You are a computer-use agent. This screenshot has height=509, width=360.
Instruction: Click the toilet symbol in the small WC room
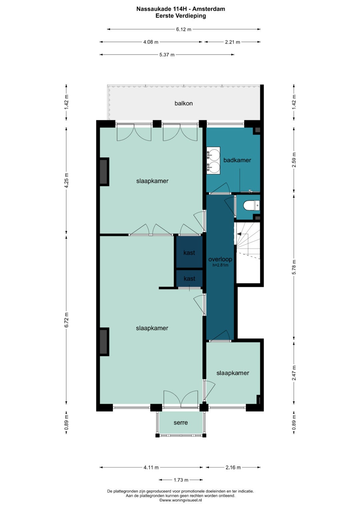coord(252,206)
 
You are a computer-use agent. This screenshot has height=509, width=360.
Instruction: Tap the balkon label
coord(183,103)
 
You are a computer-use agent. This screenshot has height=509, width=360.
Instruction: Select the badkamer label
coord(237,160)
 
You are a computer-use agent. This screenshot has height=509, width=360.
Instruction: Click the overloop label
coord(220,259)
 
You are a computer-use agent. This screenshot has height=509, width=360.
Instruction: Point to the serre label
coord(181,423)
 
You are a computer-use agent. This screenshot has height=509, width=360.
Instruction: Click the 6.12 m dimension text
coord(184,29)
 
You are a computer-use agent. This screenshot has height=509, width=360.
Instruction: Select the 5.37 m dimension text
coord(167,55)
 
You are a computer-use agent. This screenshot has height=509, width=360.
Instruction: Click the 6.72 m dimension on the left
coord(66,320)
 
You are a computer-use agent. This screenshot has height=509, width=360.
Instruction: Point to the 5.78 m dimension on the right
coord(294,267)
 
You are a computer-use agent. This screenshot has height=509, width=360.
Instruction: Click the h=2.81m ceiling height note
coord(220,265)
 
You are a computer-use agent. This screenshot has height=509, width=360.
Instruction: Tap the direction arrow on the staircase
coord(239,234)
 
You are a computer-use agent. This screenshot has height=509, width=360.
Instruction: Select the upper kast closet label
coord(189,253)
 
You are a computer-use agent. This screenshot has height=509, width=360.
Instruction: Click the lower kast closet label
coord(189,279)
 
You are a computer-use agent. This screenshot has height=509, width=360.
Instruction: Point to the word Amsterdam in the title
coord(209,9)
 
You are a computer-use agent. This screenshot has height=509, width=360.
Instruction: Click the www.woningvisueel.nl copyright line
coord(180,500)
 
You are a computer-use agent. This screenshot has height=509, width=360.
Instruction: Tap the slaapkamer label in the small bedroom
coord(233,373)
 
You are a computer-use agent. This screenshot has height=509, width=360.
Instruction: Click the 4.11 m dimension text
coord(151,467)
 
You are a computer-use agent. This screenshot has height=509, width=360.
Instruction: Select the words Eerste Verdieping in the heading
coord(181,16)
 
